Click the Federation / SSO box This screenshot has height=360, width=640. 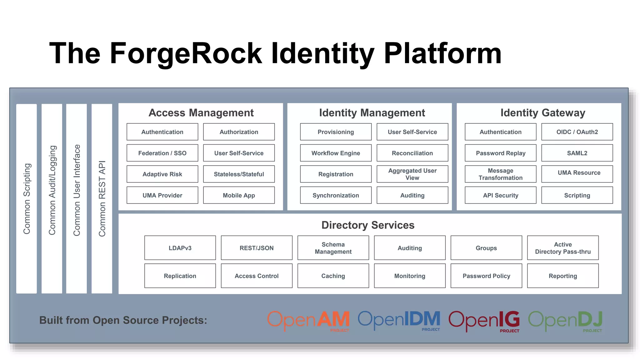tap(162, 153)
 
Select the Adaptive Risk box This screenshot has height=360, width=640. tap(162, 174)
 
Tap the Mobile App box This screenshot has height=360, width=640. tap(239, 195)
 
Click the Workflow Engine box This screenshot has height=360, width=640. tap(336, 153)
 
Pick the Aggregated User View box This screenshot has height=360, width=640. tap(412, 174)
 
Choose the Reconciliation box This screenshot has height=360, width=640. tap(412, 153)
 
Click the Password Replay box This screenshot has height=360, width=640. tap(500, 153)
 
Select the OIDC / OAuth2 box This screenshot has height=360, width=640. tap(577, 132)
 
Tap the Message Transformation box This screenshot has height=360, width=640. tap(500, 174)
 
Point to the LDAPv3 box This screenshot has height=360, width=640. tap(180, 248)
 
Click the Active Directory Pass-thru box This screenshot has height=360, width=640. tap(563, 248)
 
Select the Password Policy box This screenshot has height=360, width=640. tap(486, 276)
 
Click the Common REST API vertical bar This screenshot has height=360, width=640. tap(102, 198)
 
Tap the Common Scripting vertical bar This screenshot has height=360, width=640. tap(27, 198)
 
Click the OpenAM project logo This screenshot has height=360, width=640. tap(308, 320)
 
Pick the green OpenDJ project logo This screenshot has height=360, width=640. tap(565, 320)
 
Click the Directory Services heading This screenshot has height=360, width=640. tap(368, 225)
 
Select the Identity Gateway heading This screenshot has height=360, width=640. tap(542, 112)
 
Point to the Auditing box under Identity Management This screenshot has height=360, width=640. tap(412, 195)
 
